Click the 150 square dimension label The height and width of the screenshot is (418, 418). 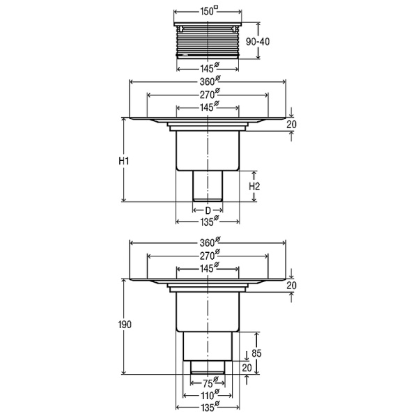(x=209, y=11)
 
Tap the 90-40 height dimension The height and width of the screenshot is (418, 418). (x=258, y=42)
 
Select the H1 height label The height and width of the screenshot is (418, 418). (x=124, y=161)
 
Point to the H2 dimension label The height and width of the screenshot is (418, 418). (x=254, y=186)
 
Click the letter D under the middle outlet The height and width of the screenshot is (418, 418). (x=208, y=210)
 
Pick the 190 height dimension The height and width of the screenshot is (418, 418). (x=125, y=325)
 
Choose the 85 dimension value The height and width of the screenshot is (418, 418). (x=256, y=353)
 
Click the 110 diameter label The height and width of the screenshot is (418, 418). (x=210, y=394)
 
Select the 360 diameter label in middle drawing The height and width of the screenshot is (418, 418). (x=210, y=81)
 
